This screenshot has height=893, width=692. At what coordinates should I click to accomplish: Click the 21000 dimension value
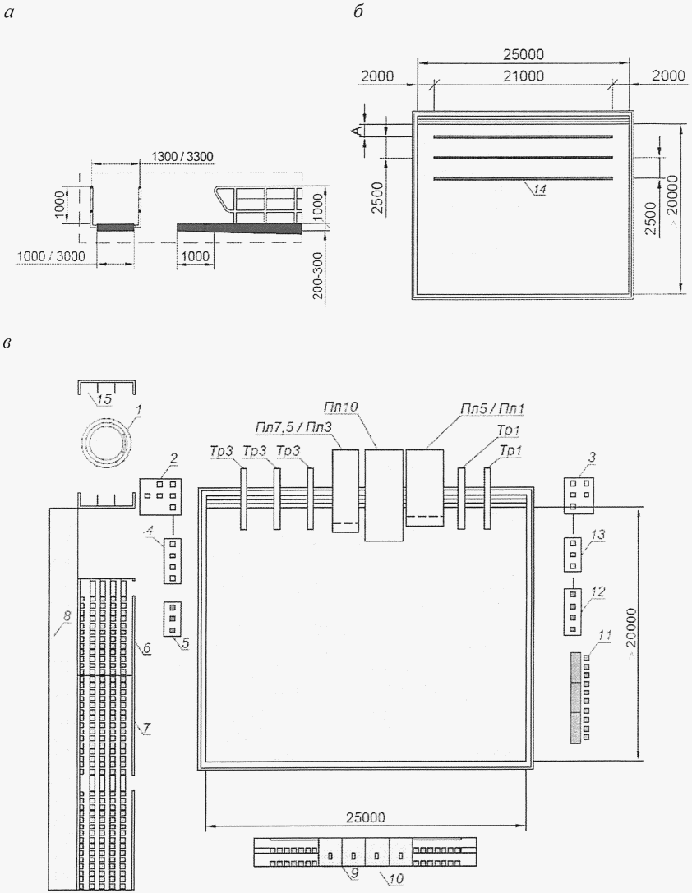(x=524, y=76)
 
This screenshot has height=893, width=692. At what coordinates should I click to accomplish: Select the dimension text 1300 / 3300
(x=182, y=156)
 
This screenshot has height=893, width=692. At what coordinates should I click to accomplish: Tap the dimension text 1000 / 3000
(x=51, y=256)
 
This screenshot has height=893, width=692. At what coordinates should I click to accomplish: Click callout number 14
(x=539, y=190)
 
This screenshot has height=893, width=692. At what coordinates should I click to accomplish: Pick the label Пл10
(x=340, y=407)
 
